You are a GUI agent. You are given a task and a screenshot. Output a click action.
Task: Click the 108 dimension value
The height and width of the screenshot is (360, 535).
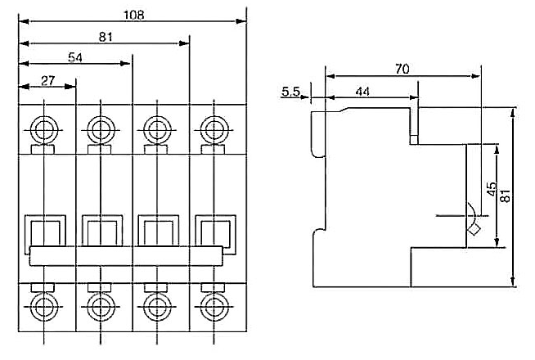[x=134, y=15]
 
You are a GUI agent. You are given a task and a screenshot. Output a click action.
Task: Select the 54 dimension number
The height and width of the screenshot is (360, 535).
[x=75, y=57]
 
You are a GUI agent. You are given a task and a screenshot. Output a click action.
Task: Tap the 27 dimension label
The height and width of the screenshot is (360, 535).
[x=47, y=80]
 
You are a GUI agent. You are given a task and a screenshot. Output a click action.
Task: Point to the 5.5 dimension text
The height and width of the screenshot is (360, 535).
[x=290, y=92]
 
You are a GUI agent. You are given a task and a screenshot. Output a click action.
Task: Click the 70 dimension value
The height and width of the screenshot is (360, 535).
[x=402, y=70]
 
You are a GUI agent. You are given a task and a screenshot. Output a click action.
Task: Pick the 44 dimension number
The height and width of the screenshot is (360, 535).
[x=362, y=92]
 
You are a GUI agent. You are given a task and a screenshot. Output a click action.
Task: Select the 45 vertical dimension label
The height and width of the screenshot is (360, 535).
[x=492, y=189]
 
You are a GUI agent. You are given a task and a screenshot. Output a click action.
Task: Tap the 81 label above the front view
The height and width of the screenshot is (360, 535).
[x=106, y=37]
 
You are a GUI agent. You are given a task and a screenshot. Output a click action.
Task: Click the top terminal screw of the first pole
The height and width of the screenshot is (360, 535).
[x=44, y=130]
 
